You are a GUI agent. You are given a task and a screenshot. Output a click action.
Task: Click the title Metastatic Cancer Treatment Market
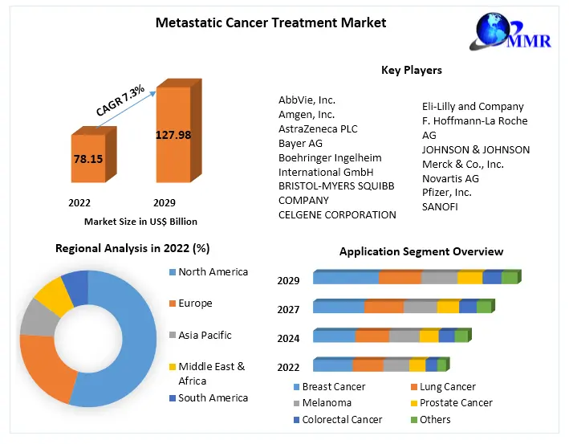pyautogui.click(x=270, y=22)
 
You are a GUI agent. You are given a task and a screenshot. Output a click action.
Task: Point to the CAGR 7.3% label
pyautogui.click(x=120, y=101)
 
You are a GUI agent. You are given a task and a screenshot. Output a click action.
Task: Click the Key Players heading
pyautogui.click(x=411, y=71)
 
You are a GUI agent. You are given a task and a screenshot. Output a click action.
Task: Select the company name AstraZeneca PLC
pyautogui.click(x=318, y=128)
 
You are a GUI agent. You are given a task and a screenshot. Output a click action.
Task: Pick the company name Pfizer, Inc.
pyautogui.click(x=446, y=192)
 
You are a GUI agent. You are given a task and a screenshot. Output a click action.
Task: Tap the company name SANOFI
pyautogui.click(x=441, y=206)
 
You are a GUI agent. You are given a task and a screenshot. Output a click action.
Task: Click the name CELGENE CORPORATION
pyautogui.click(x=337, y=214)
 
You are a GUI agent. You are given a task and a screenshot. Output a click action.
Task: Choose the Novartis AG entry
pyautogui.click(x=450, y=177)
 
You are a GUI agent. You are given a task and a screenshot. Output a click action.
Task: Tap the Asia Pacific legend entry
pyautogui.click(x=204, y=335)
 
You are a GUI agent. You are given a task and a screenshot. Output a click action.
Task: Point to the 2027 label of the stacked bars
pyautogui.click(x=288, y=309)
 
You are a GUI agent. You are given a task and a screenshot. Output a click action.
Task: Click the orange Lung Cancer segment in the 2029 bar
pyautogui.click(x=400, y=278)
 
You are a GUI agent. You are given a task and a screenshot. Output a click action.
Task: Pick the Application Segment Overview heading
pyautogui.click(x=421, y=251)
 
